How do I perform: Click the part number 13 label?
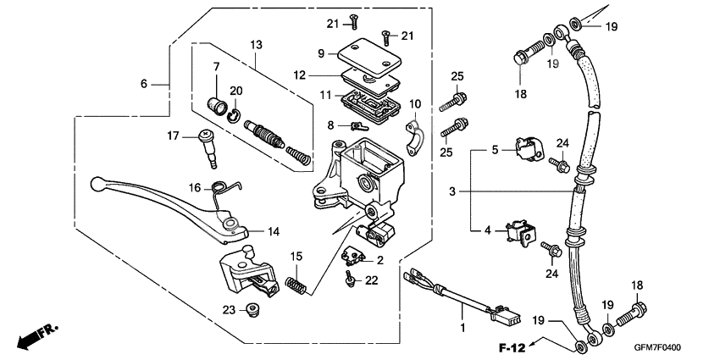(x=257, y=44)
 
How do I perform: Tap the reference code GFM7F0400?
(x=656, y=347)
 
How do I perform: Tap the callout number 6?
(x=144, y=83)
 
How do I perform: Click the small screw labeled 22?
(x=349, y=277)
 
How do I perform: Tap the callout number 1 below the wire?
(x=462, y=326)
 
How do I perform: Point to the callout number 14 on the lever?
(x=274, y=231)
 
